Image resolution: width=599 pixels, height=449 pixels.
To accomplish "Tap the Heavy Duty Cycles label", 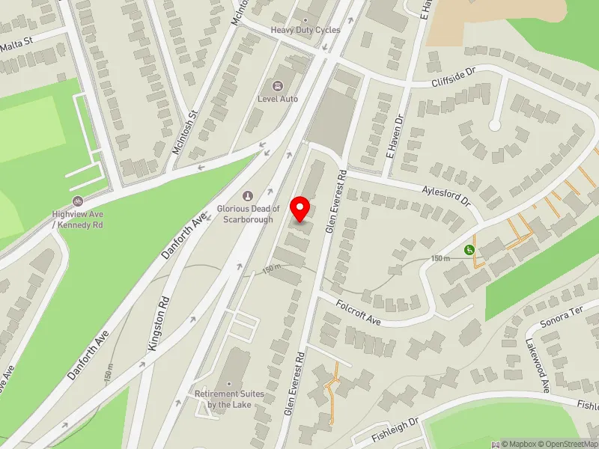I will click(x=305, y=30).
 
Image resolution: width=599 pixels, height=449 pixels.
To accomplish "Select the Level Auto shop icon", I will click(x=279, y=87).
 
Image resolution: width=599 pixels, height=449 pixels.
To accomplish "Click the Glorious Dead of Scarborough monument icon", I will click(x=248, y=196).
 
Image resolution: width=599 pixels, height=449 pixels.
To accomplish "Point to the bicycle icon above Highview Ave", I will click(x=77, y=201).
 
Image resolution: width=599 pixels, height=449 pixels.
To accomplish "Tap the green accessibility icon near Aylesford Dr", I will click(x=469, y=250).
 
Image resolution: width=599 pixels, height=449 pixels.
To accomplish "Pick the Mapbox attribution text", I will click(x=520, y=444).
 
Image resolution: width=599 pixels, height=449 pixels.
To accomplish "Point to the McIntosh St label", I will click(x=184, y=132).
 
